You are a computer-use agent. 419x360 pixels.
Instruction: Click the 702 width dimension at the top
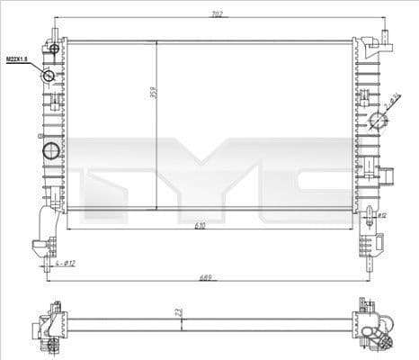point(217,14)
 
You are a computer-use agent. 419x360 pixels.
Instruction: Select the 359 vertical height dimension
point(154,91)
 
